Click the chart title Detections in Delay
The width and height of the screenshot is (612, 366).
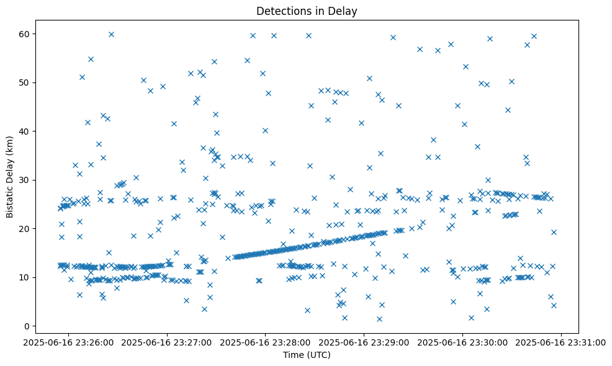pyautogui.click(x=307, y=11)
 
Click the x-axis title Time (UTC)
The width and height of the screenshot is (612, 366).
pyautogui.click(x=307, y=355)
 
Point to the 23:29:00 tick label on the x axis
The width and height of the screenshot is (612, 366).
pyautogui.click(x=364, y=341)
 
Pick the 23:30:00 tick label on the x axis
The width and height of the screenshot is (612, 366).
pyautogui.click(x=463, y=341)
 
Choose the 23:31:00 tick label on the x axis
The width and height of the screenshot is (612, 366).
pyautogui.click(x=561, y=341)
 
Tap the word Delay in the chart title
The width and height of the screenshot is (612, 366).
pyautogui.click(x=344, y=11)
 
